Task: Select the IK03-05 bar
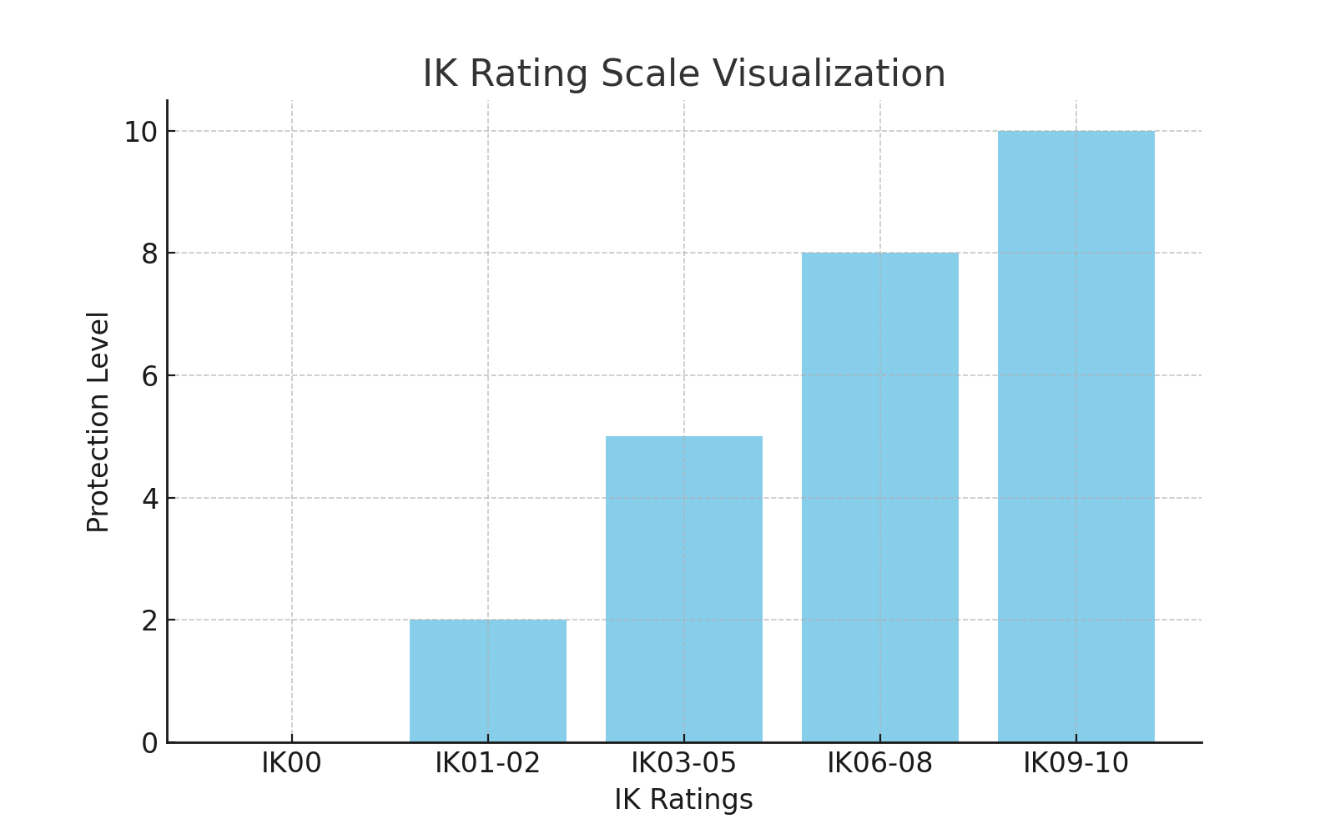pos(684,589)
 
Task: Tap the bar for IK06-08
pos(880,497)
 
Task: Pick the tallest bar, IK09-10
pos(1076,436)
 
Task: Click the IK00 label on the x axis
pos(291,763)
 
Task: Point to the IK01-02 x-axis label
pos(488,763)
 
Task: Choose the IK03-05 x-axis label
pos(684,763)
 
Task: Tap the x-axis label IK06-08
pos(880,763)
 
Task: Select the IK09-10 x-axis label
pos(1076,763)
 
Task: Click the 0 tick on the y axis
pos(149,743)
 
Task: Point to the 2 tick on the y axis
pos(149,620)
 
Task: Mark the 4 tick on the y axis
pos(149,499)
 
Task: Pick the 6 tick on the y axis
pos(149,376)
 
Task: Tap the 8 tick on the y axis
pos(149,254)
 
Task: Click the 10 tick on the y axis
pos(141,132)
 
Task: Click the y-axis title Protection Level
pos(98,421)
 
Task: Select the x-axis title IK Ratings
pos(684,800)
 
